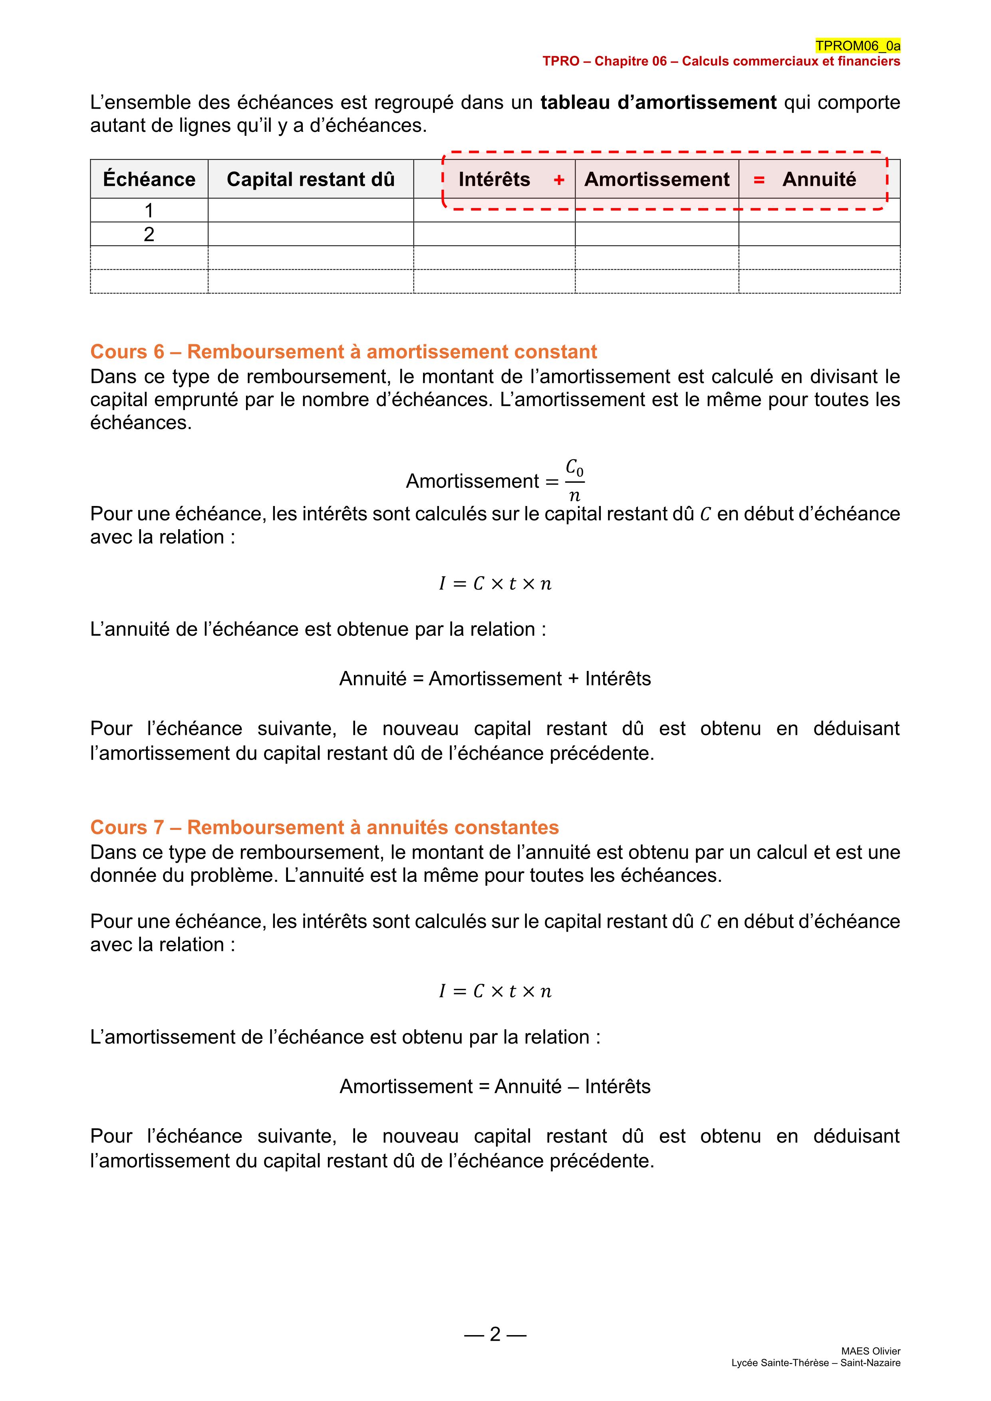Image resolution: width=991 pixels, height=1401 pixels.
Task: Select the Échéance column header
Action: pos(149,179)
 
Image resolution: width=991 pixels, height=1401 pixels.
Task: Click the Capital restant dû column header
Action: pos(311,179)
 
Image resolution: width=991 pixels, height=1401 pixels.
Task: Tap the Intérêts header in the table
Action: pos(494,179)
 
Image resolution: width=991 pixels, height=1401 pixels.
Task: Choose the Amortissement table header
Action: pos(657,179)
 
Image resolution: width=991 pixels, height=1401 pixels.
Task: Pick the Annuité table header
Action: pos(819,179)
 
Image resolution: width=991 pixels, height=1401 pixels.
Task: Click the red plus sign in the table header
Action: pos(559,180)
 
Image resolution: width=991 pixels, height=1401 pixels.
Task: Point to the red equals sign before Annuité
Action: pos(759,180)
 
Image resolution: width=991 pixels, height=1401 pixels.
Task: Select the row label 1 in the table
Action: pos(149,210)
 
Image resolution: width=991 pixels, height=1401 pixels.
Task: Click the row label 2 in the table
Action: pos(149,234)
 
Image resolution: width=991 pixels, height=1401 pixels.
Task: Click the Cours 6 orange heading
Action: pos(344,352)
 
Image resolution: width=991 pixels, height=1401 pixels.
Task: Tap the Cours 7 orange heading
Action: pos(325,828)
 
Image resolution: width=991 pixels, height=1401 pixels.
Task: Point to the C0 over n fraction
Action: pos(574,481)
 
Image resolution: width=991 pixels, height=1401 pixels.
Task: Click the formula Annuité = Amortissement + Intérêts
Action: pos(495,679)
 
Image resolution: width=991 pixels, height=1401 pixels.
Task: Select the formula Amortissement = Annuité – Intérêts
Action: pos(495,1086)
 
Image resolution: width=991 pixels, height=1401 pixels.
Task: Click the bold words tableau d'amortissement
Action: pos(658,103)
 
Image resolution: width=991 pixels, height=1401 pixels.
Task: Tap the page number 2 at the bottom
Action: pos(495,1334)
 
